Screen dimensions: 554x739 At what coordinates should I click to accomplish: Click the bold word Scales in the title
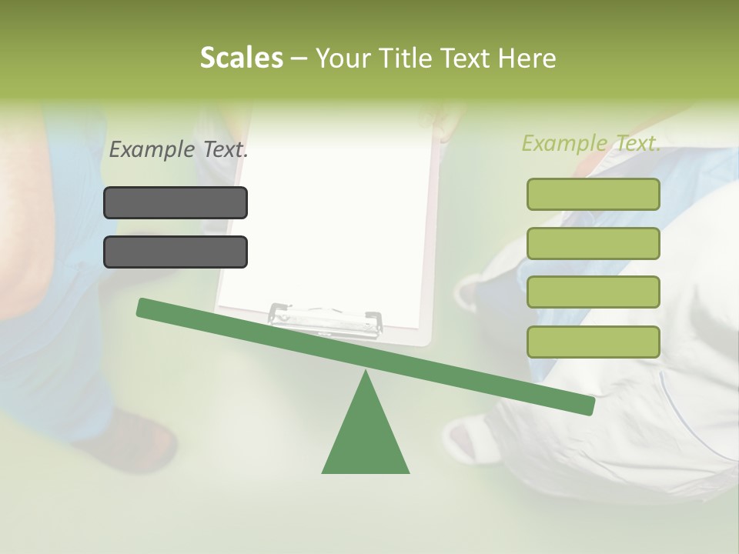pos(241,58)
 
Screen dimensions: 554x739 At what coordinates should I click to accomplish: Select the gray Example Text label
pos(179,149)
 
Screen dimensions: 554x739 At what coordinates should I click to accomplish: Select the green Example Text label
pos(591,143)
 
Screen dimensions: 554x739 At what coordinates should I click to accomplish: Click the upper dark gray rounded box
pos(176,202)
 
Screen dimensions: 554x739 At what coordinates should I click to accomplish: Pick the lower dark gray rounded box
pos(176,252)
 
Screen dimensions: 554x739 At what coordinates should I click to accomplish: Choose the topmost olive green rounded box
pos(593,194)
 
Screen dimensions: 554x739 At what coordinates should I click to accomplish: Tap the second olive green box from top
pos(593,243)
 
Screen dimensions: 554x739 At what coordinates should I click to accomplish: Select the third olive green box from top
pos(593,292)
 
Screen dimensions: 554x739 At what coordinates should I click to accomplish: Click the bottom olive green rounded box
pos(593,342)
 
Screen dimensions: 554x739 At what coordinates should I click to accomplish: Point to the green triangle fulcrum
pos(366,439)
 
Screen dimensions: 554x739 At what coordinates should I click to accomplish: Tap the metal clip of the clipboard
pos(326,318)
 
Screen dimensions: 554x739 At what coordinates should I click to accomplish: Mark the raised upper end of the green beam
pos(143,308)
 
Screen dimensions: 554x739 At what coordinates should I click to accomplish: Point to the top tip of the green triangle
pos(366,372)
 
